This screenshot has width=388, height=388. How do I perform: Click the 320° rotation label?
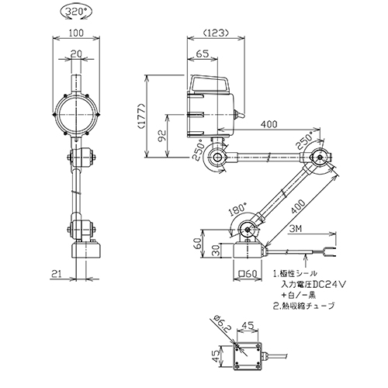click(x=75, y=12)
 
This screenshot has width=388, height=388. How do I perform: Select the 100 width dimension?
click(x=76, y=33)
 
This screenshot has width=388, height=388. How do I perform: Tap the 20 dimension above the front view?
click(x=76, y=54)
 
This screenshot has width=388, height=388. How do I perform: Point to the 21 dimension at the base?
click(x=57, y=274)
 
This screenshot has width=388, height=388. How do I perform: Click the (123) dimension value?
click(x=216, y=33)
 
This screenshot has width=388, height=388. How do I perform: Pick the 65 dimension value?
click(x=203, y=54)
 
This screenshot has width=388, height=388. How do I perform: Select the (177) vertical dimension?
click(x=142, y=116)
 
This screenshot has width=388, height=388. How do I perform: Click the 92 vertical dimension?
click(x=162, y=136)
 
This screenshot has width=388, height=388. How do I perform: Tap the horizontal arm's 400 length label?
click(x=268, y=124)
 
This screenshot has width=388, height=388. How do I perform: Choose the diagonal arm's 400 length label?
click(x=297, y=206)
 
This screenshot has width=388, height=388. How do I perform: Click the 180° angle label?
click(x=238, y=210)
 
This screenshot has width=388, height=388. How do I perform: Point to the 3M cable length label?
click(x=296, y=229)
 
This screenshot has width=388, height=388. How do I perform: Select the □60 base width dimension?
click(x=248, y=274)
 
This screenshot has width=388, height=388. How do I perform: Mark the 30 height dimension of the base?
click(x=217, y=250)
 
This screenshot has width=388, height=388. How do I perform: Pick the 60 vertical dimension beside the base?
click(x=198, y=244)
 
